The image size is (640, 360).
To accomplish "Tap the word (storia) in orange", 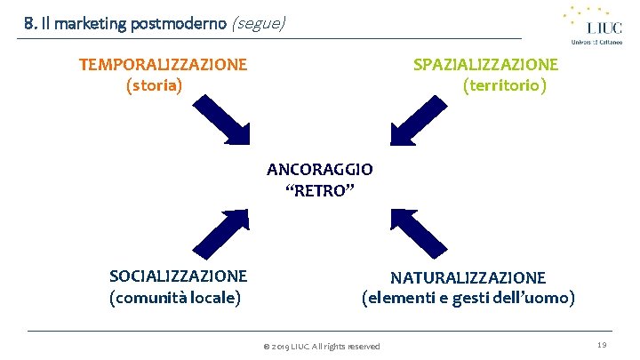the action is [155, 85].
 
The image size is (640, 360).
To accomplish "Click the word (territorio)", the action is [505, 85].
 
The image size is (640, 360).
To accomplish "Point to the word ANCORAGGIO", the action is [320, 168].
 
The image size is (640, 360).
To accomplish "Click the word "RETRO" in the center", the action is [320, 189].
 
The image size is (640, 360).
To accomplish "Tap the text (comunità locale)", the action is [175, 297].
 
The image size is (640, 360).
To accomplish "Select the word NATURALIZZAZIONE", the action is [468, 277].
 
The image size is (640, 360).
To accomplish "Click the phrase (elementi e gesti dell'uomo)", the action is [468, 297].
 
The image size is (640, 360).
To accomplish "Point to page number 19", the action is [602, 345].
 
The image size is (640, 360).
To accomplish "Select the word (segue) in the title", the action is [258, 24].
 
